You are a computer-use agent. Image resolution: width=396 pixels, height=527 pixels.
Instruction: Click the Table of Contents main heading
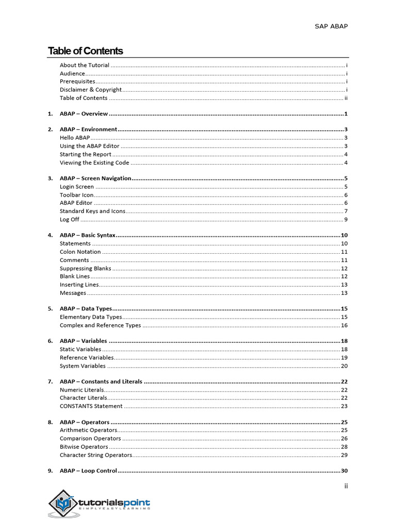pos(85,51)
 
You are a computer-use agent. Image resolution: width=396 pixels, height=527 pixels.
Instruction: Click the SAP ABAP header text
pos(331,26)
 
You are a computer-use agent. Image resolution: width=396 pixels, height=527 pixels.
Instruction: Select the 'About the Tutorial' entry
pos(84,65)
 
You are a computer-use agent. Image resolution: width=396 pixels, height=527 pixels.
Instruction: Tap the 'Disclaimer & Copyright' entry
pos(90,90)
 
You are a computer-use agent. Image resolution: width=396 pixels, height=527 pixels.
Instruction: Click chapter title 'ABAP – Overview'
pos(84,114)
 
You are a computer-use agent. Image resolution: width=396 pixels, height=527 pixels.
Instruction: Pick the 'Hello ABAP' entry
pos(75,138)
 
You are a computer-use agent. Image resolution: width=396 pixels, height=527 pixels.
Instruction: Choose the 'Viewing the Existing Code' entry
pos(94,163)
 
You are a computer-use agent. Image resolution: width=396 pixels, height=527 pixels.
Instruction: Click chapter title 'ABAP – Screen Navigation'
pos(95,179)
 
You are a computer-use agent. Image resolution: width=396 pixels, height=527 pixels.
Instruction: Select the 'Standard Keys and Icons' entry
pos(92,211)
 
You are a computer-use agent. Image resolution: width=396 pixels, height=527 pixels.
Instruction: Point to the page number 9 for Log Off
pos(345,220)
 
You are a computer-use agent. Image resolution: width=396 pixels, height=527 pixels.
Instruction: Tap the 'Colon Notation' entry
pos(80,252)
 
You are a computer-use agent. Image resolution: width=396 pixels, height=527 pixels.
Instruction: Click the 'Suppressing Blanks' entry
pos(85,268)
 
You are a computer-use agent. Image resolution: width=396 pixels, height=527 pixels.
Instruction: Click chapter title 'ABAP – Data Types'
pos(86,309)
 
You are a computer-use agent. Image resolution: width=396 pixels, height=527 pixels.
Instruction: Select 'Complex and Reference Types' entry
pos(100,325)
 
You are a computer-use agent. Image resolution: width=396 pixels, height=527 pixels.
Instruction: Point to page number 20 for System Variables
pos(344,366)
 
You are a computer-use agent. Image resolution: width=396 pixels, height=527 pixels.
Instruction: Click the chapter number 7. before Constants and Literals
pos(51,382)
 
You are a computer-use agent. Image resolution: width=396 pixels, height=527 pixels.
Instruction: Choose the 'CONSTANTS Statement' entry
pos(91,406)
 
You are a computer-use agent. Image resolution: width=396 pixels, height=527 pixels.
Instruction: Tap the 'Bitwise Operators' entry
pos(84,447)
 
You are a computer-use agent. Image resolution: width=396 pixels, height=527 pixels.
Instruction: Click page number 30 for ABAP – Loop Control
pos(344,471)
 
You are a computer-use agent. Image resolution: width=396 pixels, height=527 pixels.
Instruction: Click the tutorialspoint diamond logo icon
pos(63,503)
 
